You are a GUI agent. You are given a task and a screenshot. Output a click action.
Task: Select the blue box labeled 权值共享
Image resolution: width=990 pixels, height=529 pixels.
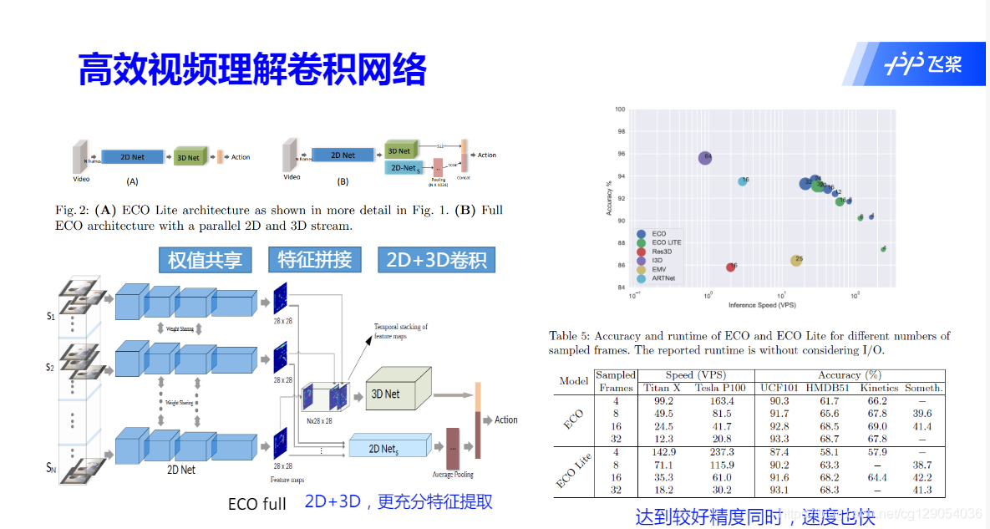click(x=205, y=260)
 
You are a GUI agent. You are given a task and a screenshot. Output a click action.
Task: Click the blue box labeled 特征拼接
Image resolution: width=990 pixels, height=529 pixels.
click(x=314, y=260)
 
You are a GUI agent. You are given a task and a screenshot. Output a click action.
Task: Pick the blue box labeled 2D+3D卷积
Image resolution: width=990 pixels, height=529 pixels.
click(x=436, y=260)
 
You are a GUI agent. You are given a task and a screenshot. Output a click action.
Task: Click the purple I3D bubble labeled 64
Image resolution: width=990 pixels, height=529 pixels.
click(x=705, y=157)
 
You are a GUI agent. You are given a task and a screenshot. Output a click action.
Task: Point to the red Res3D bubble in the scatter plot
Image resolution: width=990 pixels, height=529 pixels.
click(x=731, y=267)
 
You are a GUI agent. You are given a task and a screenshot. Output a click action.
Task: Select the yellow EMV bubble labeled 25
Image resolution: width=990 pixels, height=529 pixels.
click(x=797, y=260)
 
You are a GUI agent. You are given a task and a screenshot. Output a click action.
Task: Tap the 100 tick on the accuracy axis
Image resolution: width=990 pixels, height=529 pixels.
click(x=620, y=109)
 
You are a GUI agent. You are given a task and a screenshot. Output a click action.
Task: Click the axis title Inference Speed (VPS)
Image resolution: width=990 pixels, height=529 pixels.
click(x=761, y=305)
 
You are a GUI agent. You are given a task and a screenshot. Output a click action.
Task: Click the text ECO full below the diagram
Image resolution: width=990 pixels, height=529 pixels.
click(x=256, y=505)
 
